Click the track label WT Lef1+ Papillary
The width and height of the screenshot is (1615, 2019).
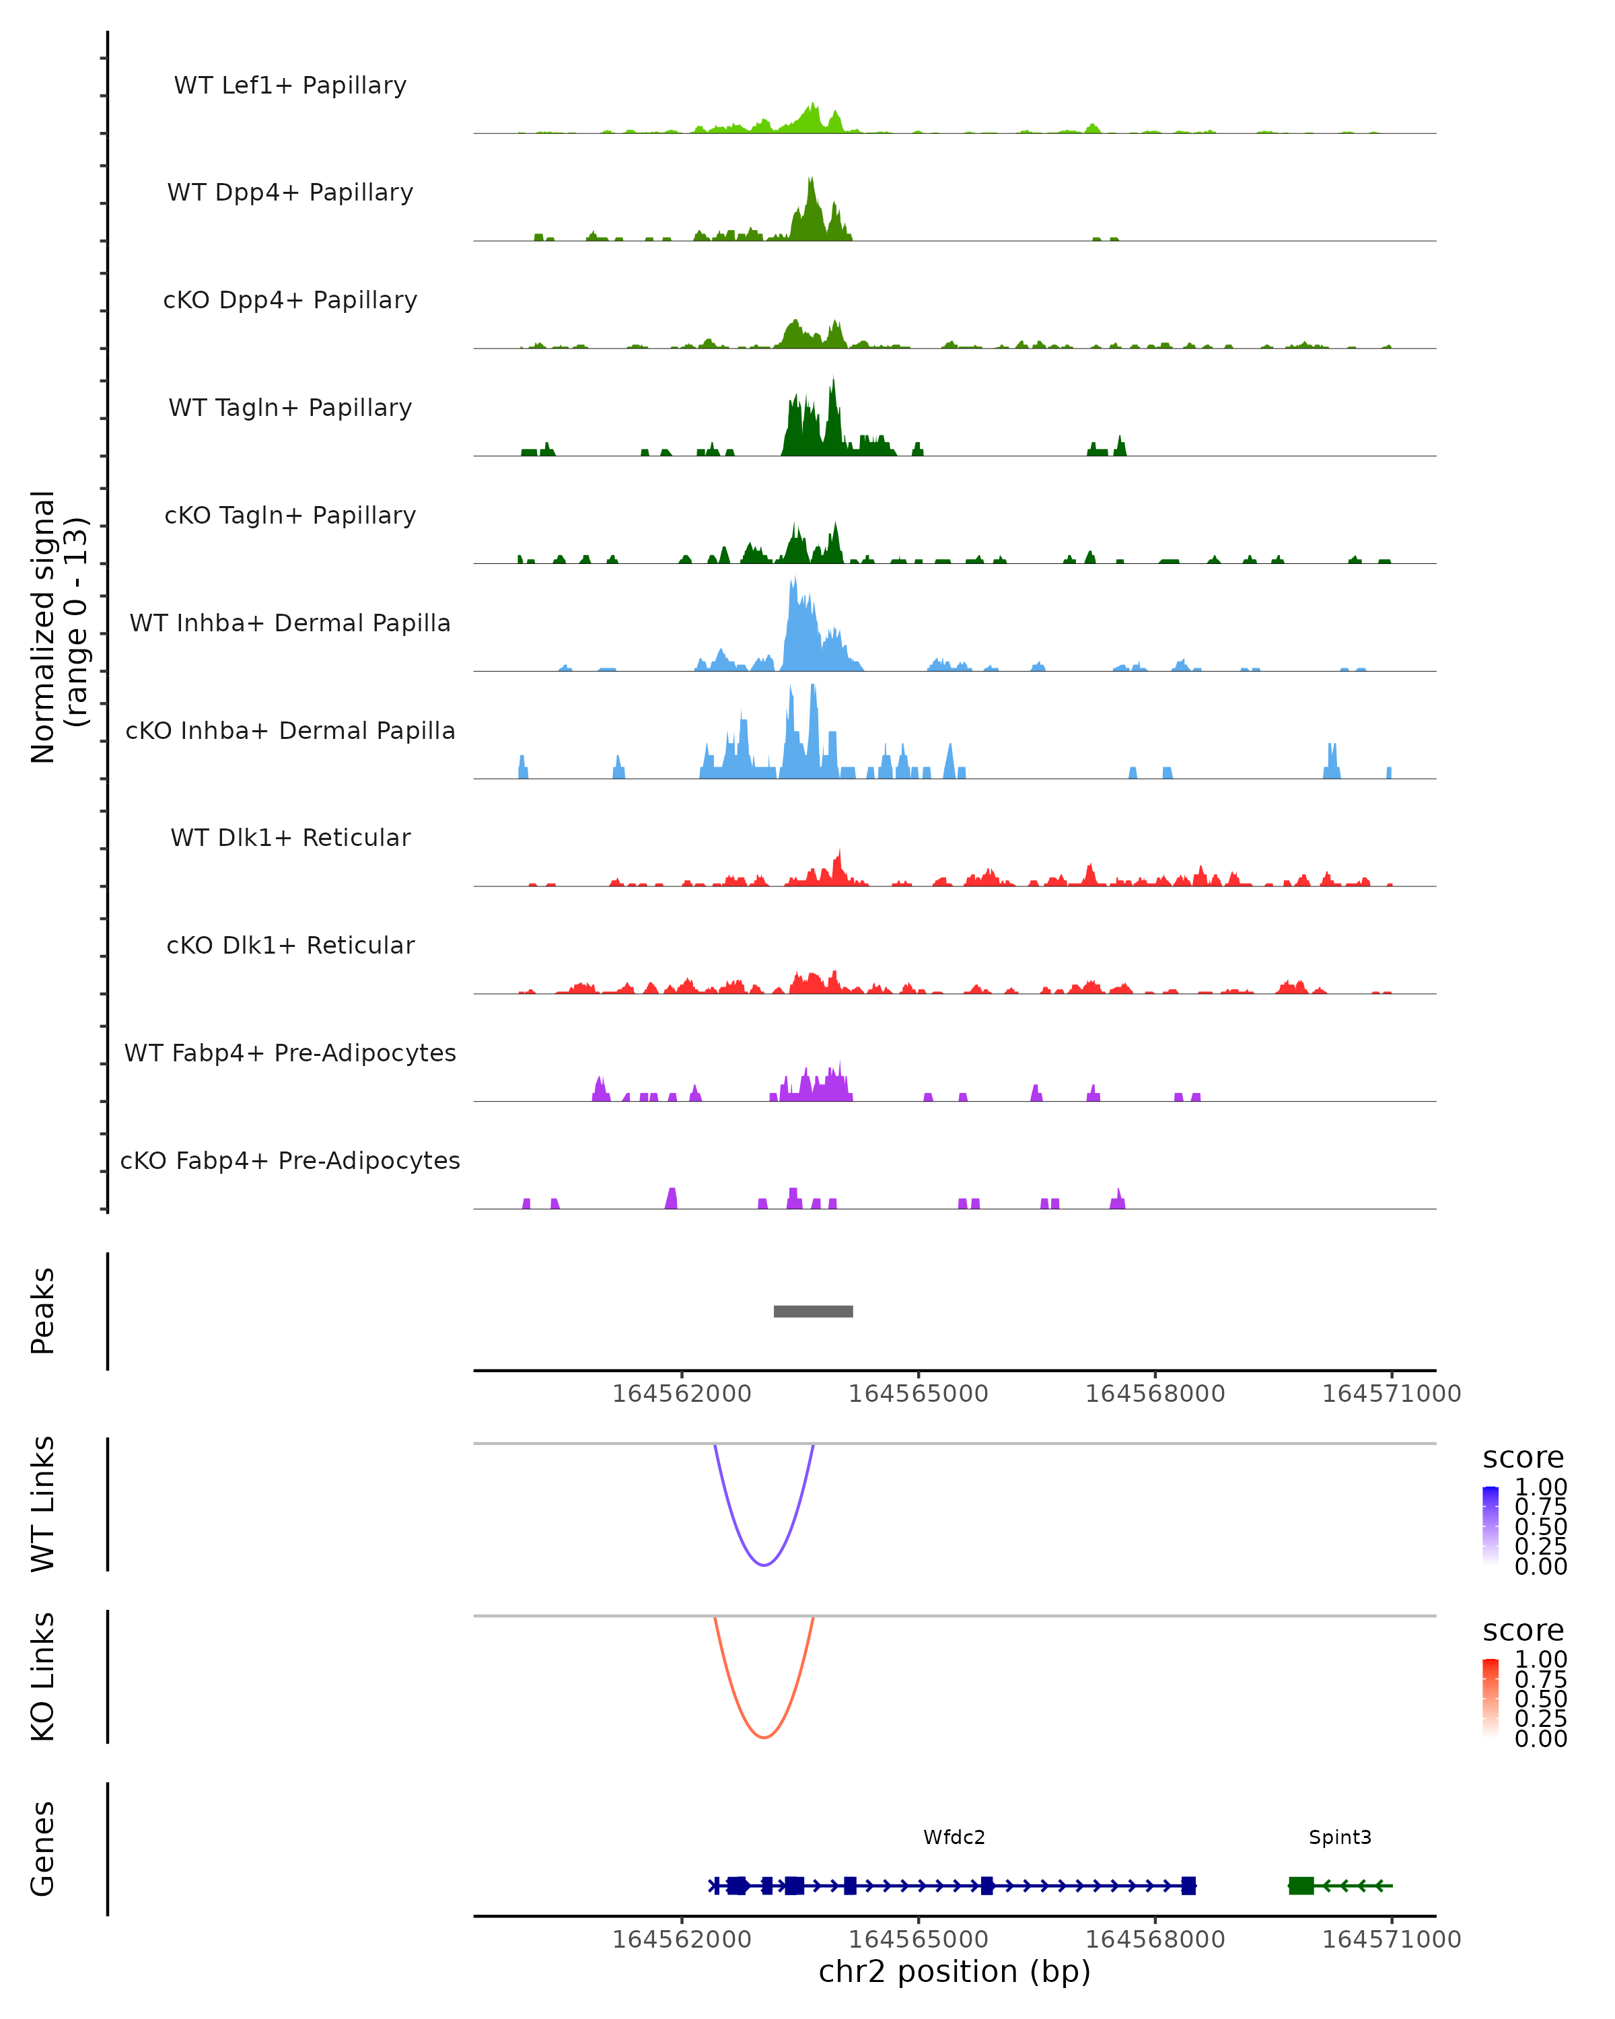click(290, 85)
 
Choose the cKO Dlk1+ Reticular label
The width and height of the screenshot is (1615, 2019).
click(290, 945)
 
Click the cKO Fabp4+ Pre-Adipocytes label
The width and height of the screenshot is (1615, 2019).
click(290, 1160)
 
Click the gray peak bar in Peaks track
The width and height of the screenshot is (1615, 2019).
click(813, 1311)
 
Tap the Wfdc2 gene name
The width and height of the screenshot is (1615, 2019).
click(954, 1837)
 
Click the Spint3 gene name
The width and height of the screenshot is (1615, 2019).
click(1340, 1837)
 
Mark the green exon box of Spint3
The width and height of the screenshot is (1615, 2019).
click(1301, 1885)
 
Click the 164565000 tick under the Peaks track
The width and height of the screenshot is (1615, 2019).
click(919, 1394)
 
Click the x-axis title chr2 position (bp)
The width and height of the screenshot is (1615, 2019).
click(954, 1971)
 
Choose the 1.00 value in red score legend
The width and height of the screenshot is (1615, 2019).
click(1540, 1660)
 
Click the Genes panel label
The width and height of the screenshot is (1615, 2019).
click(43, 1849)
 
